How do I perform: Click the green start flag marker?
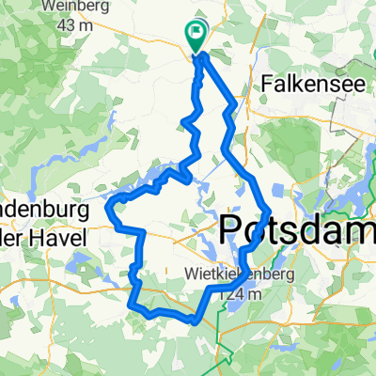pyautogui.click(x=197, y=37)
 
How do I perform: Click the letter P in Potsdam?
pyautogui.click(x=230, y=228)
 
